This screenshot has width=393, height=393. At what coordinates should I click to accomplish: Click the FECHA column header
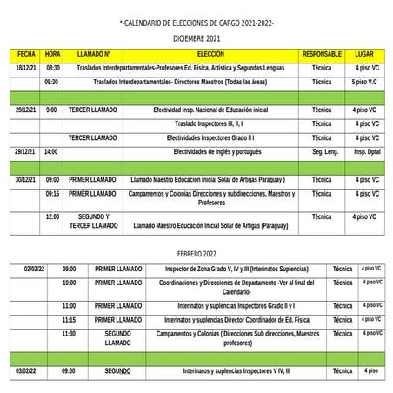[x=26, y=54]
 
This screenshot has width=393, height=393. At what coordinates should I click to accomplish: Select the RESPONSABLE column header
[x=322, y=54]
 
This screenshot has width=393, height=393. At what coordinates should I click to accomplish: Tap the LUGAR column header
[x=365, y=54]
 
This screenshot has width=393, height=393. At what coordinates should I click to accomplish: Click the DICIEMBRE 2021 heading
[x=196, y=39]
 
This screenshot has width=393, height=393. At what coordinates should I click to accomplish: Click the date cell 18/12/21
[x=26, y=67]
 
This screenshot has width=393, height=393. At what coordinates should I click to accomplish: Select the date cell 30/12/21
[x=26, y=179]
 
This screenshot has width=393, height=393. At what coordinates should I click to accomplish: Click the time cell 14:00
[x=52, y=151]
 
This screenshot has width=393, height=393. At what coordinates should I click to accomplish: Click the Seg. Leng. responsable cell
[x=322, y=151]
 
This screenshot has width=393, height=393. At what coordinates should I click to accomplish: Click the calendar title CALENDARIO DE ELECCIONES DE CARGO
[x=196, y=24]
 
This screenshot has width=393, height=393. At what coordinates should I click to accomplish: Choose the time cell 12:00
[x=52, y=216]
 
